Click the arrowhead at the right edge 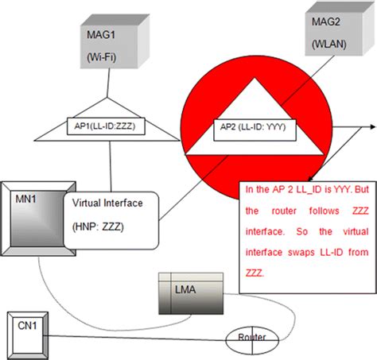point(371,126)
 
